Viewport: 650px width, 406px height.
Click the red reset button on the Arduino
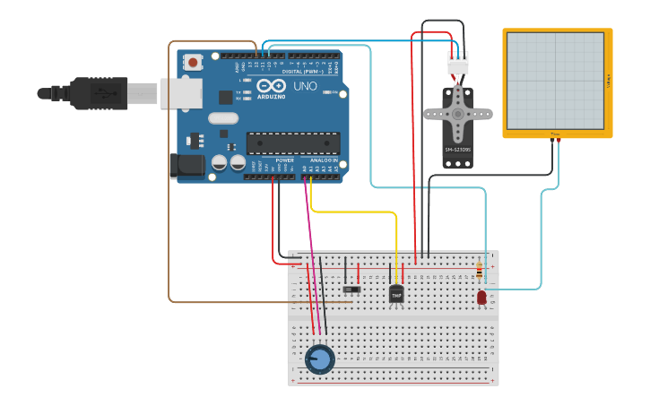click(x=193, y=62)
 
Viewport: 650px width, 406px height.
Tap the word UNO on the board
click(x=305, y=87)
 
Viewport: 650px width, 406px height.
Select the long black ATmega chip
click(x=293, y=143)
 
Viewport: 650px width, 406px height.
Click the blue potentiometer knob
click(x=319, y=358)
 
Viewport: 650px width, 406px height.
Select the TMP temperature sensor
click(x=396, y=293)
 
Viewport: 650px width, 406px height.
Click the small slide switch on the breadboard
click(x=352, y=289)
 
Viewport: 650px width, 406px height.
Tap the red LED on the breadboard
click(x=481, y=297)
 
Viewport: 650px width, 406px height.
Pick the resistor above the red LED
click(x=479, y=270)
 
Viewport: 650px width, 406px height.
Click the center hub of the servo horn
click(x=458, y=112)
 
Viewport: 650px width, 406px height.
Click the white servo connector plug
click(x=458, y=63)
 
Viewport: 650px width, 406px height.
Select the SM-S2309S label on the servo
click(x=458, y=150)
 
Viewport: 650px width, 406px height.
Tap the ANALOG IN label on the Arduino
click(x=324, y=160)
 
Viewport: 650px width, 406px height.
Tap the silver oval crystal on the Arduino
click(x=223, y=117)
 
